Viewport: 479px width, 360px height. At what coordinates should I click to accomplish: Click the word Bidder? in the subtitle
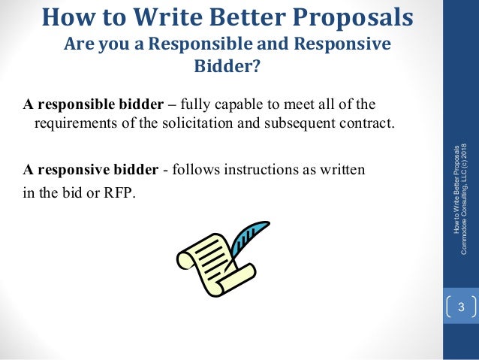click(227, 68)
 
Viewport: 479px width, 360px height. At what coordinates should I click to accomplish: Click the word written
click(342, 169)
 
